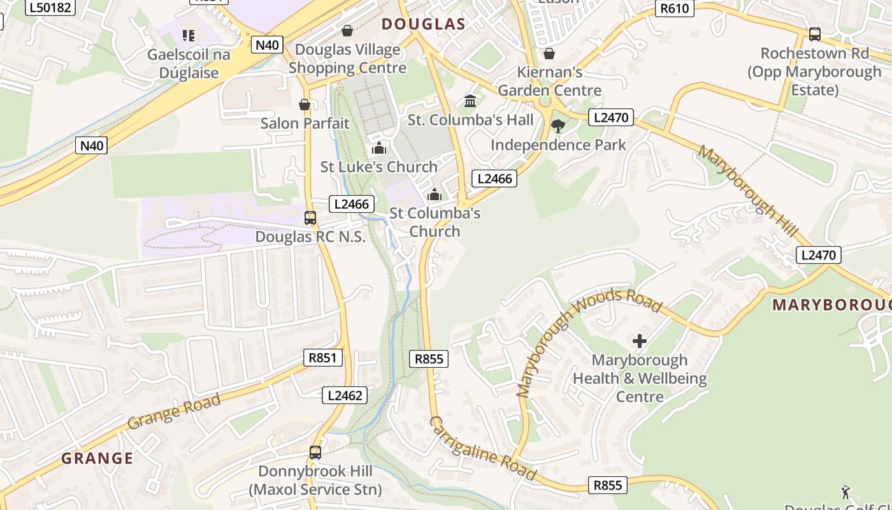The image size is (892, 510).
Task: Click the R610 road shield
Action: [675, 8]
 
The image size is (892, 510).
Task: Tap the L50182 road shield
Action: [50, 8]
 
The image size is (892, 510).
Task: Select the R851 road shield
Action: [322, 358]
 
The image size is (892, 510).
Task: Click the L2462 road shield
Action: [345, 395]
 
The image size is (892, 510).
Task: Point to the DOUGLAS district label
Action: [423, 24]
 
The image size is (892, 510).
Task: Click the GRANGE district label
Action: [97, 458]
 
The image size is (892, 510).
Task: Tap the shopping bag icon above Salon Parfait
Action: [305, 105]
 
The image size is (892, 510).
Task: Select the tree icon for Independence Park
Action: [558, 126]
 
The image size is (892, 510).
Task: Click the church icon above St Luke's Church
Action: [379, 148]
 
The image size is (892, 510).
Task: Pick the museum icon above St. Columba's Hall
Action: [470, 101]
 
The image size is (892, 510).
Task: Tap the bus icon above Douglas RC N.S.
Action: [310, 218]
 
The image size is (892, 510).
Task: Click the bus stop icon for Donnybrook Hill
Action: [315, 453]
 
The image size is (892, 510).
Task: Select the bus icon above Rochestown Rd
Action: [814, 34]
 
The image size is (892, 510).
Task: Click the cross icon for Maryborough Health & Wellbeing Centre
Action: [640, 341]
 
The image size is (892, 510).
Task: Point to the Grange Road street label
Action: [174, 411]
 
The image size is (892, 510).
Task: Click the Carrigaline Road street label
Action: [482, 448]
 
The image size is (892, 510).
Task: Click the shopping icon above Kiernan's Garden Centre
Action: [549, 54]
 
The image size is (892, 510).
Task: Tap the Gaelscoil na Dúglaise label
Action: [189, 64]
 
